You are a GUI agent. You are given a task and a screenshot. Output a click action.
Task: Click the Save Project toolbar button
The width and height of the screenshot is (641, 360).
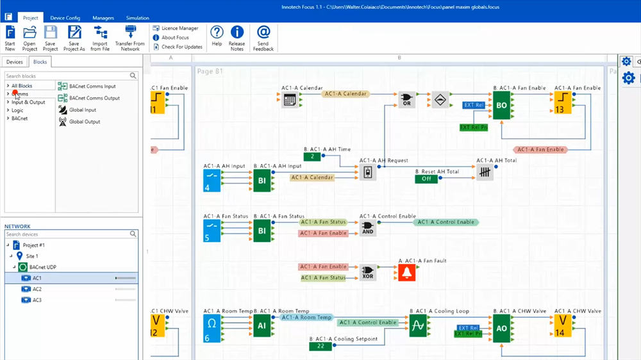(x=50, y=38)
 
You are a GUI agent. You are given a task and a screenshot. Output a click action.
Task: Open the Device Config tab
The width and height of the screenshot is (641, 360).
(x=65, y=18)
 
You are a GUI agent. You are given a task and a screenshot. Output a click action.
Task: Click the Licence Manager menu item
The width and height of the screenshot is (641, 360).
(x=179, y=28)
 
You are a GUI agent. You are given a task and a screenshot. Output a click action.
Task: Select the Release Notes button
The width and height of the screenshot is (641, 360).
(x=237, y=38)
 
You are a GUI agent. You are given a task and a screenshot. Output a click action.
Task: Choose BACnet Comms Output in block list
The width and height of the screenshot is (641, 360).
(x=94, y=98)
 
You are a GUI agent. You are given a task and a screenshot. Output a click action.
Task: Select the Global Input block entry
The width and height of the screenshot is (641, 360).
(x=82, y=110)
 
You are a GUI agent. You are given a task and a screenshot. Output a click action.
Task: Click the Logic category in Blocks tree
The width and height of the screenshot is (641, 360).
(x=17, y=110)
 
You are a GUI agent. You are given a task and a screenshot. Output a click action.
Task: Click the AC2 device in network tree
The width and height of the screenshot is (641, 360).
(x=37, y=289)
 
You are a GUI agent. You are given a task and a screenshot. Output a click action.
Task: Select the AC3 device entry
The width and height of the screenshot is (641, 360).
(x=37, y=300)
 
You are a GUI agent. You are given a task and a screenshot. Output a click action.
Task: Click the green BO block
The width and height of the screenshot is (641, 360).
(x=501, y=105)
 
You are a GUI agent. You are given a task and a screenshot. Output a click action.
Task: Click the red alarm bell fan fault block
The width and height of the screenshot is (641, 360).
(x=406, y=273)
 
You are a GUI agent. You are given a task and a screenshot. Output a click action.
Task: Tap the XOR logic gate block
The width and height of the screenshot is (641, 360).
(x=368, y=273)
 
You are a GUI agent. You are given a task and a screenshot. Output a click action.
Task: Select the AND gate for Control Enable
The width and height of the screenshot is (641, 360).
(x=367, y=227)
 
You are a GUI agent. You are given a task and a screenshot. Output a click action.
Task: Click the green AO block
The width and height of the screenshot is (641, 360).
(x=501, y=327)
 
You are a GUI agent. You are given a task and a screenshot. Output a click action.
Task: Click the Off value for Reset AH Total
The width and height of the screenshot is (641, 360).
(x=426, y=179)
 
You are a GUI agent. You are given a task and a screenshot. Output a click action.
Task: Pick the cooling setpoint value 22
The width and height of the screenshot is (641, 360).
(x=320, y=346)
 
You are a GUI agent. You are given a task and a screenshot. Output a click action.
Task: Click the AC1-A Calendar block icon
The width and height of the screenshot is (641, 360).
(x=290, y=99)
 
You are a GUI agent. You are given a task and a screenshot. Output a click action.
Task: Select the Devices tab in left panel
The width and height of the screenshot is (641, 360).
(x=15, y=62)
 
